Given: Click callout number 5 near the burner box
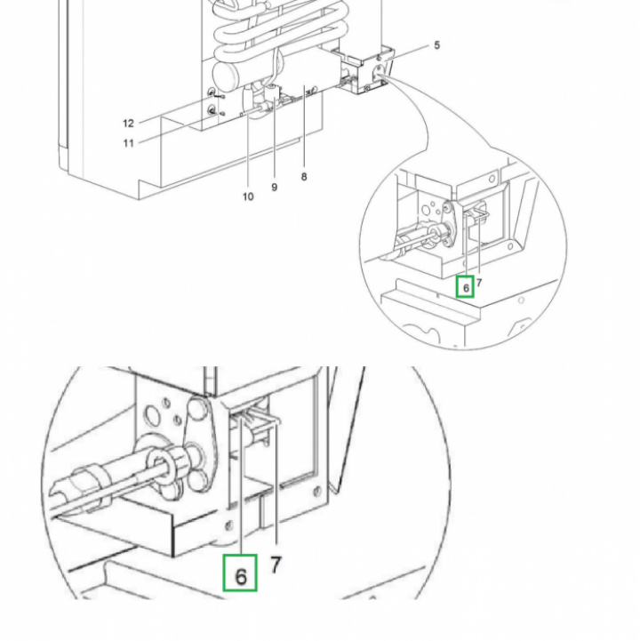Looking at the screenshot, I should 436,45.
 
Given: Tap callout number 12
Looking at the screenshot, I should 128,124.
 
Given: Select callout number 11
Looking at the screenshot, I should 128,143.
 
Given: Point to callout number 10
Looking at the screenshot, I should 248,196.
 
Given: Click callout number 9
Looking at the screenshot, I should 275,188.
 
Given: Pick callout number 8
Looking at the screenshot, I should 304,177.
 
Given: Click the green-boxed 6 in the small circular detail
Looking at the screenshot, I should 466,287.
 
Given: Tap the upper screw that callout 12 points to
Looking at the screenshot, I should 212,92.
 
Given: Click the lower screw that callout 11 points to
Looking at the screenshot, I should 212,111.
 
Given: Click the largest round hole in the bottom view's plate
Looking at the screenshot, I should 155,414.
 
